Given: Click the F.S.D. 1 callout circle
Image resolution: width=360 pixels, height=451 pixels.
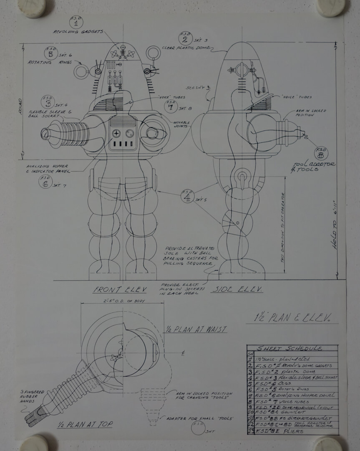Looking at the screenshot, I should pos(73,22).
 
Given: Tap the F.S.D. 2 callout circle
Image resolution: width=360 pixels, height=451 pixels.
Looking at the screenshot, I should pos(185,39).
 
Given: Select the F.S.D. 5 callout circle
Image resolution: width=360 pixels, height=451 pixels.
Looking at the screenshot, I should pos(50,54).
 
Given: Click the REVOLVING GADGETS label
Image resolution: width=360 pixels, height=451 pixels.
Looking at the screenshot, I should pos(79,32).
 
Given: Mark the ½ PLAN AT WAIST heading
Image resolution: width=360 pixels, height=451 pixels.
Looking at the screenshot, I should pos(196,329).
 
